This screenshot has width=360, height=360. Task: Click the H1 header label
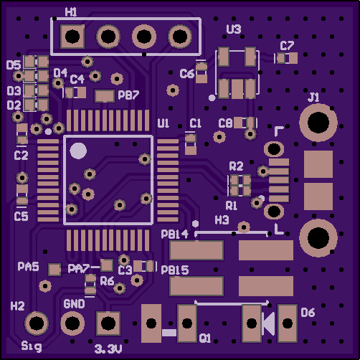click(x=71, y=12)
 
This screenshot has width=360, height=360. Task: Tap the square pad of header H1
click(x=72, y=37)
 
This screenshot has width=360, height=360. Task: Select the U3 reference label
click(x=234, y=29)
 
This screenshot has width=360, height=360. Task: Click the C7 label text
click(x=287, y=45)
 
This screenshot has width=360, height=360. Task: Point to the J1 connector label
click(x=313, y=98)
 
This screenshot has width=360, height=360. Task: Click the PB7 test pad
click(x=105, y=96)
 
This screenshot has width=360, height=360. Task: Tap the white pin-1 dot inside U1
click(x=78, y=151)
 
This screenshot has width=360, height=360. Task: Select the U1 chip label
click(x=164, y=123)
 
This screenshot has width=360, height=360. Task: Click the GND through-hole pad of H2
click(x=72, y=323)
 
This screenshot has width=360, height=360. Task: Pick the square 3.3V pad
click(x=108, y=323)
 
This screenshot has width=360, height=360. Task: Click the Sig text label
click(x=32, y=346)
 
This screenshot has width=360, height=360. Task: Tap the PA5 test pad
click(x=55, y=270)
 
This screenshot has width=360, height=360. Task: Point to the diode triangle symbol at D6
click(x=268, y=324)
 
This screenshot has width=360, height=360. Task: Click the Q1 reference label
click(x=205, y=338)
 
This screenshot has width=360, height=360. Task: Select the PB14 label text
click(x=175, y=235)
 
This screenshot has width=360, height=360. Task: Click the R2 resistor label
click(x=236, y=166)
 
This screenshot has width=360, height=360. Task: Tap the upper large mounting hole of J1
click(x=318, y=123)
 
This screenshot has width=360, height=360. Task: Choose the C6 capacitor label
click(x=187, y=74)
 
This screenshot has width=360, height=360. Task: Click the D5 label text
click(x=14, y=65)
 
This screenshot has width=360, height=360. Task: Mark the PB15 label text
click(x=175, y=270)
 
